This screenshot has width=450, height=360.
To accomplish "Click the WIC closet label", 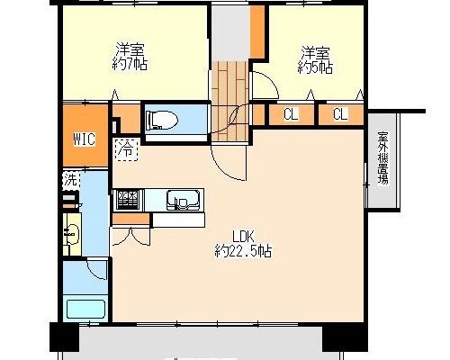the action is click(x=85, y=139).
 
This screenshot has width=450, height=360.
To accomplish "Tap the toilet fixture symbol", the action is click(x=162, y=120).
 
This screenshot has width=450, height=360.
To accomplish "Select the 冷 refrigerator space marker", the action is click(x=126, y=149).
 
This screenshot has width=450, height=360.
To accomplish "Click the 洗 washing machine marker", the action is click(x=71, y=180).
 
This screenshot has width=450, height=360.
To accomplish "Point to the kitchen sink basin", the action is click(x=183, y=200).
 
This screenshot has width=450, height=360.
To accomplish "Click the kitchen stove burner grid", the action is click(x=127, y=200).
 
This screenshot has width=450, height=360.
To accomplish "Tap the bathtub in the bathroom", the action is click(x=85, y=310).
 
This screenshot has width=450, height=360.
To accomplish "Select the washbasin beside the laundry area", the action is click(x=72, y=233).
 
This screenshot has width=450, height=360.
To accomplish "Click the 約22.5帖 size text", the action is click(x=243, y=251).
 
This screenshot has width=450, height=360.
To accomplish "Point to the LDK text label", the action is click(x=244, y=237).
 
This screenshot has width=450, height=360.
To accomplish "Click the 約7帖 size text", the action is click(x=130, y=64).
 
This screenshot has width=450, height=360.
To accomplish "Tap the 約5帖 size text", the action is click(x=315, y=68).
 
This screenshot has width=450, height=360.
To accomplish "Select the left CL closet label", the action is click(x=291, y=114).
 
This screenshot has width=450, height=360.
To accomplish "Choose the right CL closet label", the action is click(x=340, y=114).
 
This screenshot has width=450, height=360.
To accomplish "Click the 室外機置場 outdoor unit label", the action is click(x=383, y=157).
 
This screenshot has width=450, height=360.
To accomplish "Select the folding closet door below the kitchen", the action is click(x=130, y=237).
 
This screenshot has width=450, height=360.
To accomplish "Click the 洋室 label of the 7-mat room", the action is click(x=130, y=49).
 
